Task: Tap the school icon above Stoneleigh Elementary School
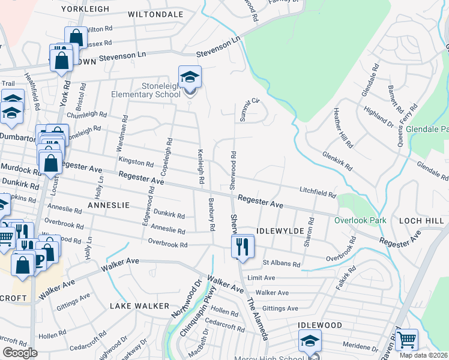190,78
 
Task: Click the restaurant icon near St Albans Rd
243,247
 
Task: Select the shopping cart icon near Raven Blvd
407,340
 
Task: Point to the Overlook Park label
360,220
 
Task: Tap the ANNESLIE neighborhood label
109,205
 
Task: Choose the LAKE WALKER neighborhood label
139,306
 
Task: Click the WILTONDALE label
155,13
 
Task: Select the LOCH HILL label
423,220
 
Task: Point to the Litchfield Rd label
318,193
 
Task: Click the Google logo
20,353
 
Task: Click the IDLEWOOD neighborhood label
320,325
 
